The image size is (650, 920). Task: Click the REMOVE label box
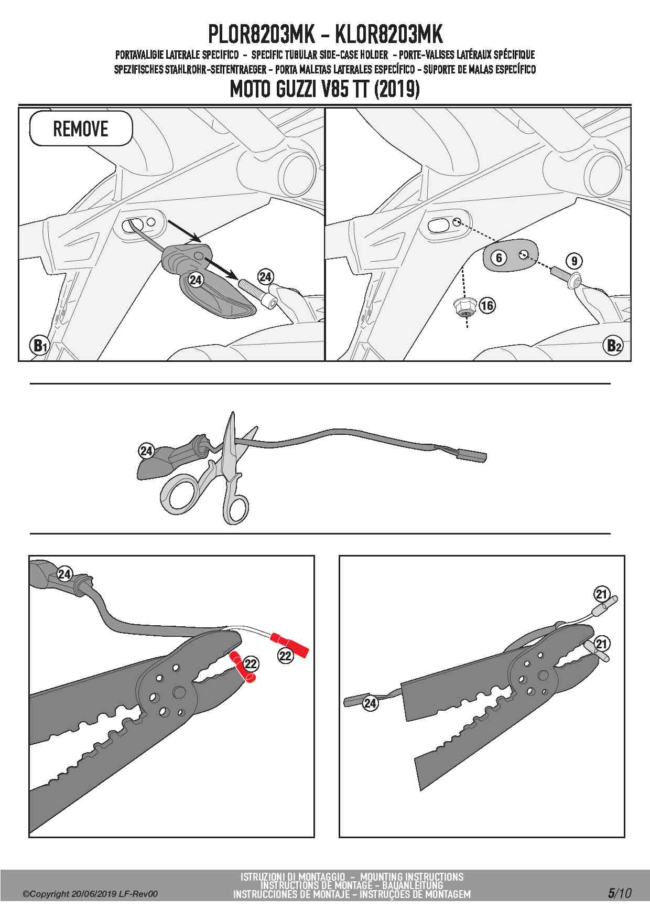click(x=81, y=129)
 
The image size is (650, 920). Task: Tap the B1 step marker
click(x=40, y=346)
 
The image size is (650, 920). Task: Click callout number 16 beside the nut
click(x=487, y=305)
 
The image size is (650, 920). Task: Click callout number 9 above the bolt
click(x=574, y=261)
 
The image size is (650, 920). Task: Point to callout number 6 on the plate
click(x=499, y=258)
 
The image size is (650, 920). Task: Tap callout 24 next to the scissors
click(x=146, y=451)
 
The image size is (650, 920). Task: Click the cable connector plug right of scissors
click(x=472, y=455)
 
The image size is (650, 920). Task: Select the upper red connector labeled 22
click(x=289, y=645)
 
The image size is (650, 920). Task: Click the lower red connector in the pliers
click(x=242, y=667)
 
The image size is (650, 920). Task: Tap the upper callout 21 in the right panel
click(x=601, y=594)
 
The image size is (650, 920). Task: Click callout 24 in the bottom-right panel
click(x=370, y=703)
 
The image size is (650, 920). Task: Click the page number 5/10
click(x=620, y=893)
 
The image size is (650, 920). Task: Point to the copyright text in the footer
click(x=90, y=894)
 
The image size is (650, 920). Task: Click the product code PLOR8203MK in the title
click(x=261, y=35)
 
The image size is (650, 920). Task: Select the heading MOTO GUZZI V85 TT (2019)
click(x=325, y=90)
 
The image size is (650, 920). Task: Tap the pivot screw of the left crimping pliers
click(x=178, y=692)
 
